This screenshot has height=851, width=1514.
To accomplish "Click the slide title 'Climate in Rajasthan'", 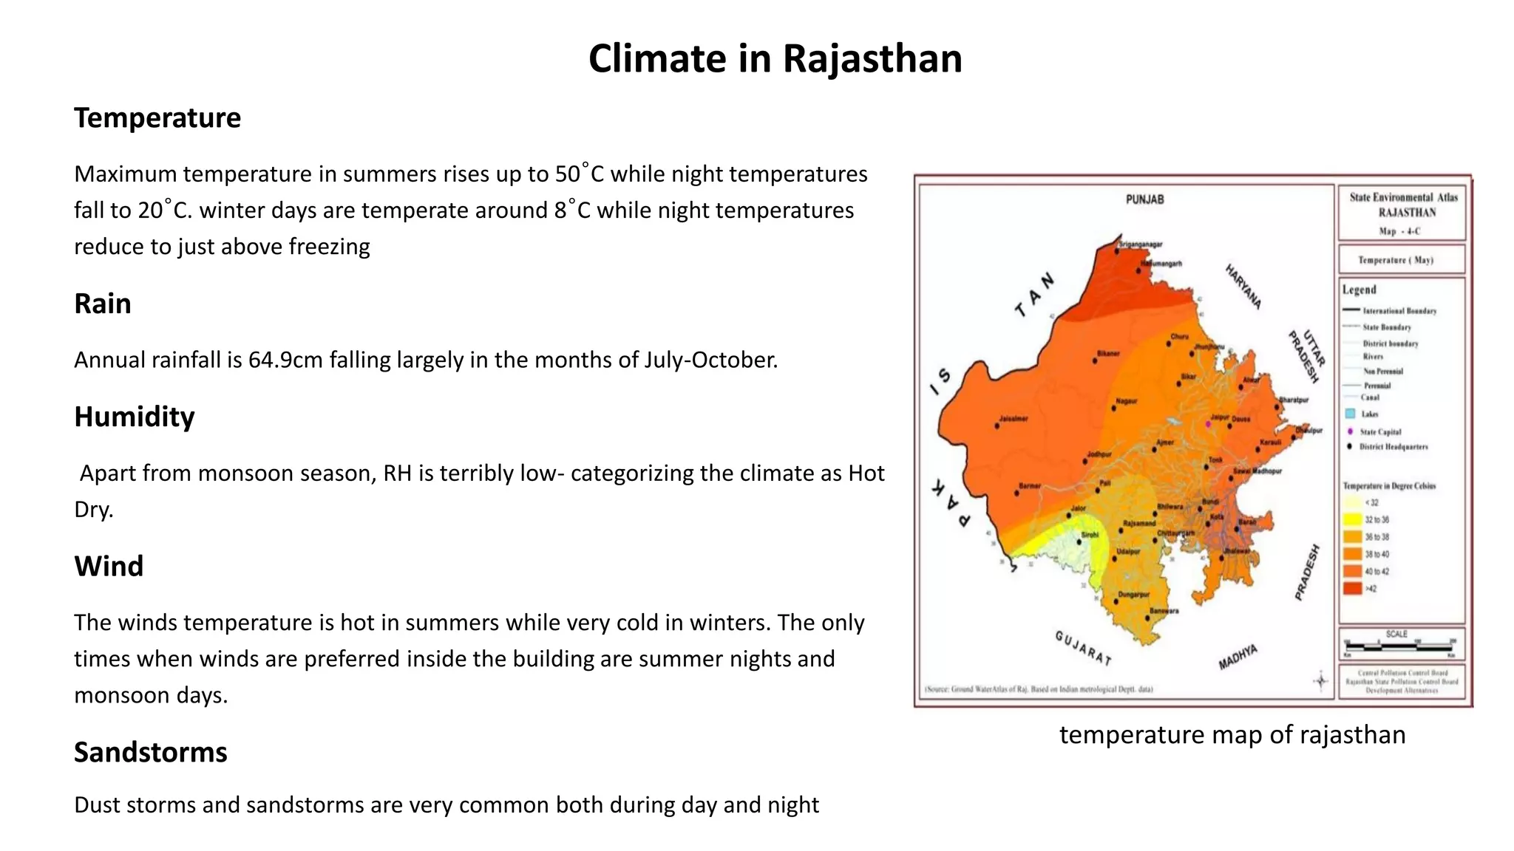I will point(775,59).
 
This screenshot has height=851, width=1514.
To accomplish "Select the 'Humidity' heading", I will point(134,417).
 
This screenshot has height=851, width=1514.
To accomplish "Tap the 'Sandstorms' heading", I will point(150,752).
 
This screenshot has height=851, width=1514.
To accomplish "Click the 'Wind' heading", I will point(109,567).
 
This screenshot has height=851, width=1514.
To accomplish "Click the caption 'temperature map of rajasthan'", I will point(1232,735).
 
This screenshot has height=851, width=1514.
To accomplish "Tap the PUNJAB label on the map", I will point(1144,199).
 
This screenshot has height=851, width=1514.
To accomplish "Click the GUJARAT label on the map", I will point(1082,647).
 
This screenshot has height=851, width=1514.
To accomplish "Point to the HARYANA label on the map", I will point(1243,287).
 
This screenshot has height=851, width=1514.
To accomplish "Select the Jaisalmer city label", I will point(1014,419).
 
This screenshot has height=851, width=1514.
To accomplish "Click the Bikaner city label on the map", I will point(1107,354).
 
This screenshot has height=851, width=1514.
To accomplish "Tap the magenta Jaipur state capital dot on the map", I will point(1208,424).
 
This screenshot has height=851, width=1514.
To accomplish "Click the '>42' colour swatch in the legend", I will point(1352,589).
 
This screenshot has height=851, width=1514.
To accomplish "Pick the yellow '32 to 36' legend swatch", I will point(1352,520).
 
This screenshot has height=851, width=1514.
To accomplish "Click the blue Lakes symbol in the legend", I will point(1350,414).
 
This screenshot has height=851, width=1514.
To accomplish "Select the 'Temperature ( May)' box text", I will point(1395,260).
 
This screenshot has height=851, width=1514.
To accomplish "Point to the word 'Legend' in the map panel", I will point(1359,290).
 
